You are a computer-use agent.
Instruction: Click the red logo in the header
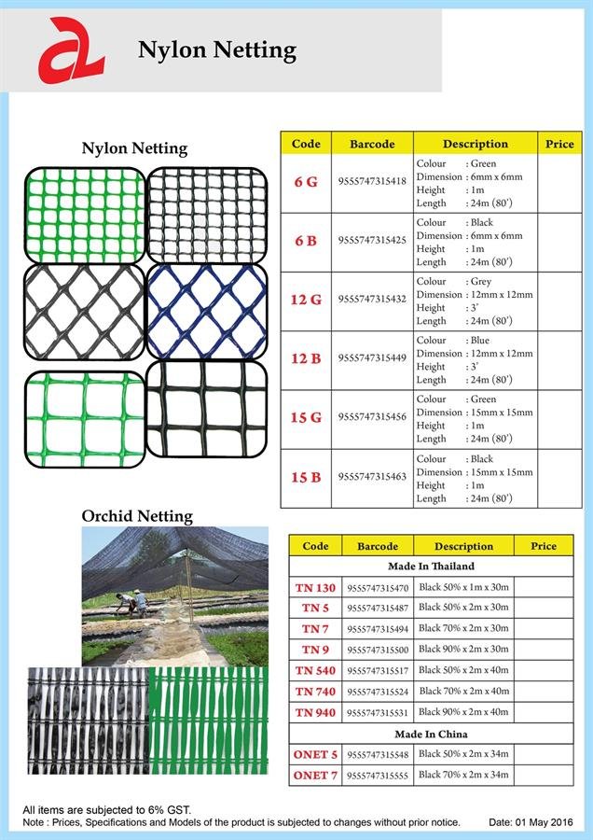pyautogui.click(x=70, y=49)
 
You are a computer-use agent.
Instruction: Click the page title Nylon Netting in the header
pyautogui.click(x=216, y=49)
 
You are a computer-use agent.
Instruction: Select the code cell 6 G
pyautogui.click(x=306, y=182)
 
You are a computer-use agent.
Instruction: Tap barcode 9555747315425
pyautogui.click(x=372, y=241)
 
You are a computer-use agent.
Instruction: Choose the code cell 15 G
pyautogui.click(x=306, y=417)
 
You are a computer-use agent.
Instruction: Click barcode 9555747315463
pyautogui.click(x=372, y=477)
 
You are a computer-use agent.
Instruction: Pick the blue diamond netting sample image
pyautogui.click(x=207, y=311)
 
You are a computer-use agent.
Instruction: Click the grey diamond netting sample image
pyautogui.click(x=83, y=311)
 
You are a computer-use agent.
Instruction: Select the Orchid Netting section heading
pyautogui.click(x=137, y=516)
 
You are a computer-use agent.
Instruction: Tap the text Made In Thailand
pyautogui.click(x=431, y=567)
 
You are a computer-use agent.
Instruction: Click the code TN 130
pyautogui.click(x=315, y=588)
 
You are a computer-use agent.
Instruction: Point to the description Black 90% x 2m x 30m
pyautogui.click(x=463, y=649)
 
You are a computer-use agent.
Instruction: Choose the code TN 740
pyautogui.click(x=315, y=692)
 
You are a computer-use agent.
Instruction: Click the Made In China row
pyautogui.click(x=431, y=734)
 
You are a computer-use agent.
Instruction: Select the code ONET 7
pyautogui.click(x=315, y=776)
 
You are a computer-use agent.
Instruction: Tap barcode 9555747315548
pyautogui.click(x=378, y=754)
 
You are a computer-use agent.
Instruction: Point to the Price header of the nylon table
pyautogui.click(x=559, y=145)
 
